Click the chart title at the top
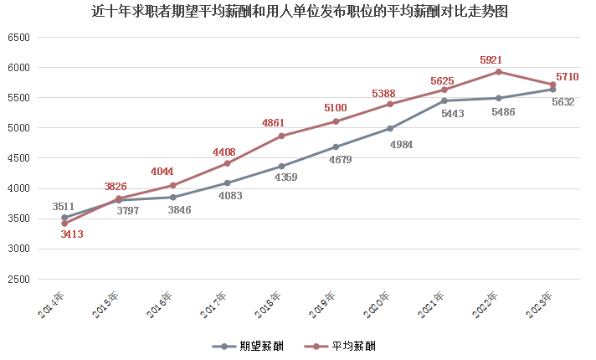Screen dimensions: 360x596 click(x=298, y=12)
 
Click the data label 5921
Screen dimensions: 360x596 click(x=491, y=60)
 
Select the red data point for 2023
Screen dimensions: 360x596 click(x=552, y=85)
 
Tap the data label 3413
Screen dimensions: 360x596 click(x=72, y=234)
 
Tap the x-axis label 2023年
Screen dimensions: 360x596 click(x=540, y=305)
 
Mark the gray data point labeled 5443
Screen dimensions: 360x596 click(x=444, y=100)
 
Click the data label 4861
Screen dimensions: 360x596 click(x=273, y=123)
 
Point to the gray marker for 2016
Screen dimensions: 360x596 click(x=173, y=198)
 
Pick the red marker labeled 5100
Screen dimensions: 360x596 click(x=336, y=121)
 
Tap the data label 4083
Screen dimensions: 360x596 click(x=230, y=196)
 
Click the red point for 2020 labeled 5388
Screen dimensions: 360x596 click(x=390, y=104)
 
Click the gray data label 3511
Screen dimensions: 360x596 click(x=64, y=207)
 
